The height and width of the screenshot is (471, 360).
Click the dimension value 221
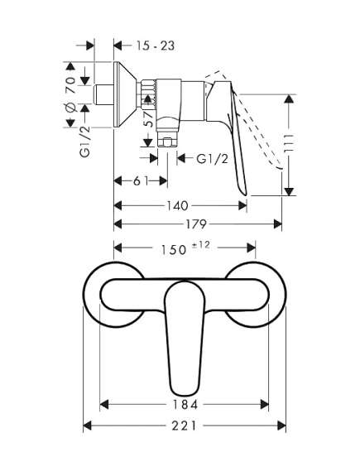183,426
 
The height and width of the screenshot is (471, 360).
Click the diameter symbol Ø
70,108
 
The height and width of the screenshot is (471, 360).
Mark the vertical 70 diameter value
70,83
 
